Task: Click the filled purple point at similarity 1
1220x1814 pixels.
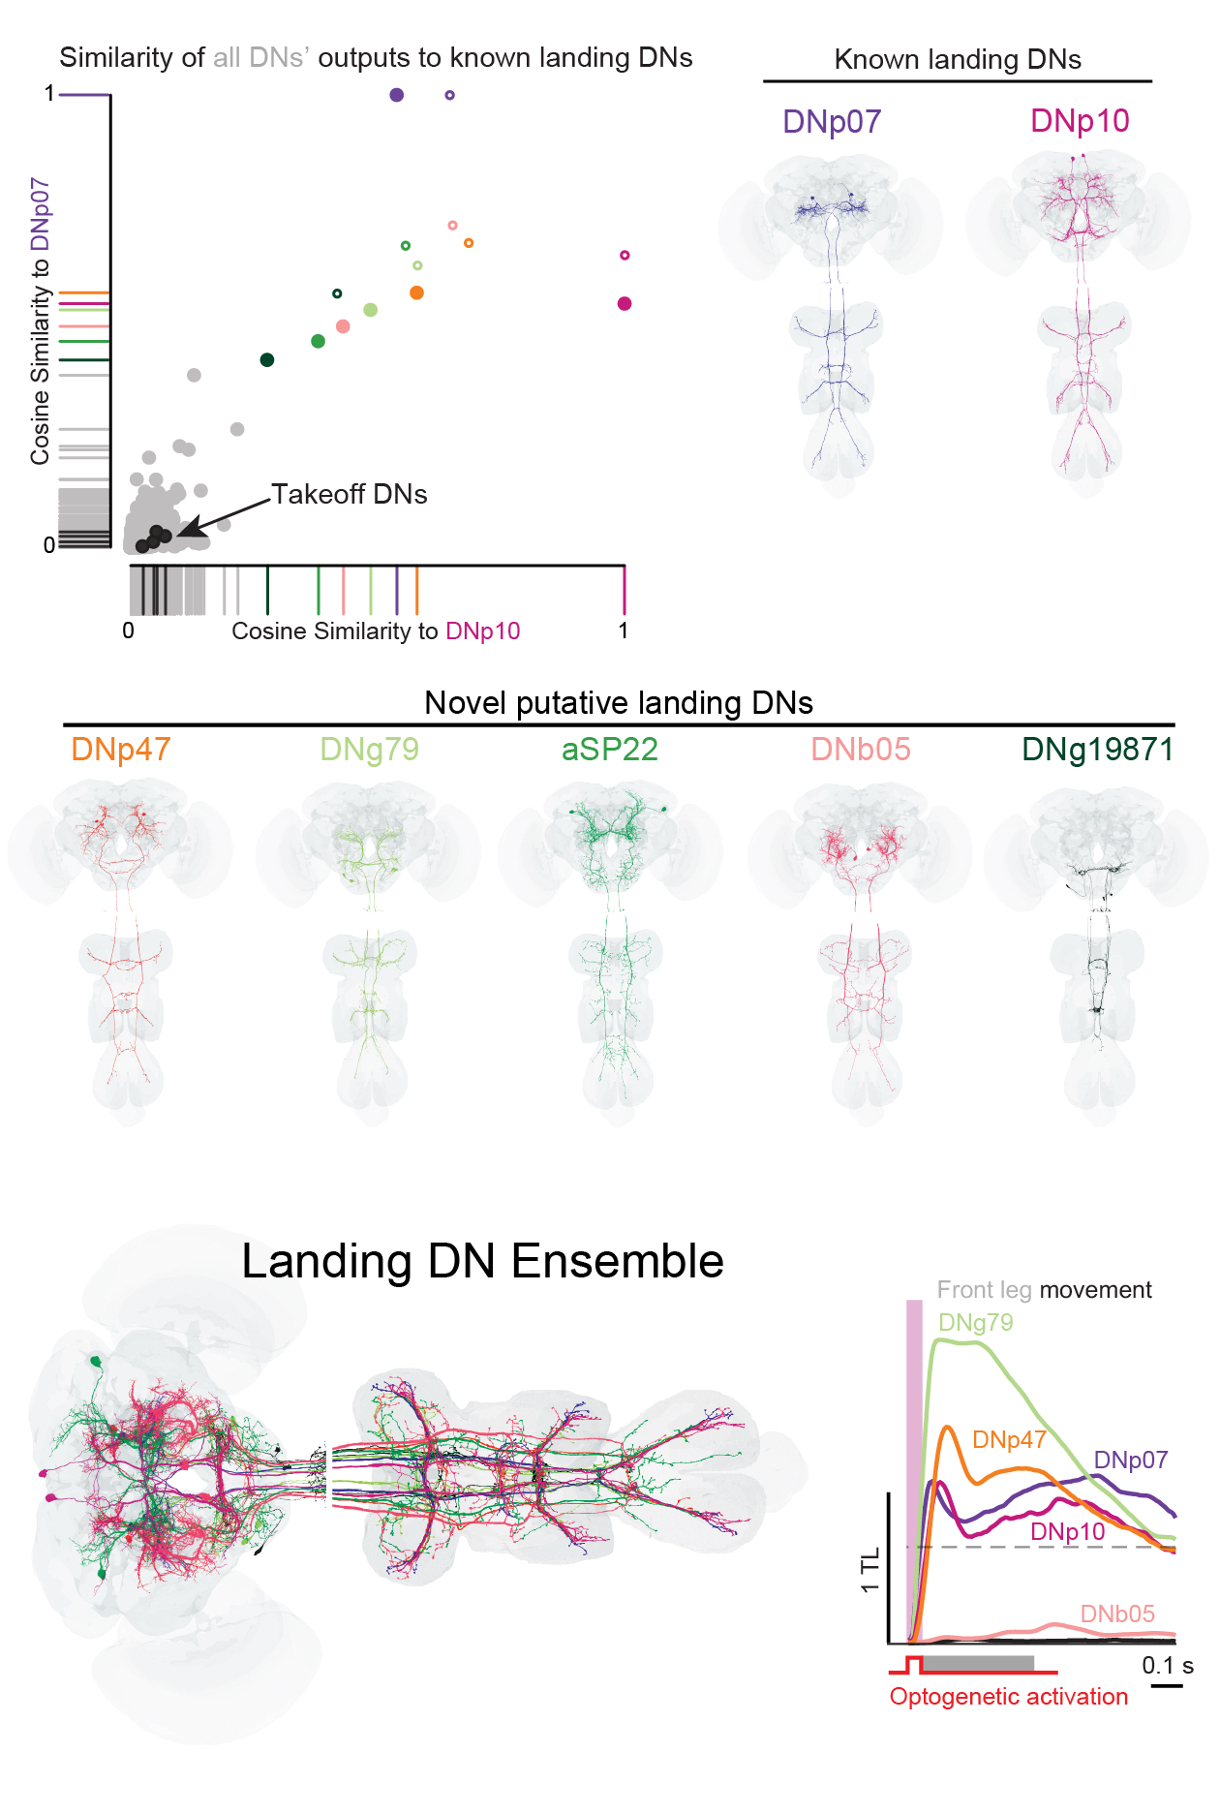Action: [396, 95]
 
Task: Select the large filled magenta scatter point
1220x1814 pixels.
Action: [625, 304]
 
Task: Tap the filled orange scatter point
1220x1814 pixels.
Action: [416, 292]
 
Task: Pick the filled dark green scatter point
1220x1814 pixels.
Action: [267, 360]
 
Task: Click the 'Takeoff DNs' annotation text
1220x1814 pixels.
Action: [349, 495]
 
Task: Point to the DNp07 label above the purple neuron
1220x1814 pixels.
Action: [832, 122]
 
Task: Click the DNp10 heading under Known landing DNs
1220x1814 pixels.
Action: [1080, 121]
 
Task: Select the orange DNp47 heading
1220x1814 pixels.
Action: [121, 750]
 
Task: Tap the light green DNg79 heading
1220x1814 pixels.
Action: [369, 750]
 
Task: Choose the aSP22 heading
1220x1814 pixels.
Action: [610, 750]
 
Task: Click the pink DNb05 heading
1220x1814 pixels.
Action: [861, 750]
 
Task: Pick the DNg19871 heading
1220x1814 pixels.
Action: [1097, 750]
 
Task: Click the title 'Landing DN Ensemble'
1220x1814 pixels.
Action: [482, 1262]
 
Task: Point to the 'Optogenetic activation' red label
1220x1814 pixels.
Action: [1009, 1697]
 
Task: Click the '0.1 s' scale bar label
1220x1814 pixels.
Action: [1167, 1666]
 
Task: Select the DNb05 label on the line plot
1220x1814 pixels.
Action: [1117, 1614]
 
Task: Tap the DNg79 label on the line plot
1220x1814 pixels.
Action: [975, 1323]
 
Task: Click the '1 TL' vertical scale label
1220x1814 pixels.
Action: [869, 1570]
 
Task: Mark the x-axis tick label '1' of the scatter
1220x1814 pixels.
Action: [624, 630]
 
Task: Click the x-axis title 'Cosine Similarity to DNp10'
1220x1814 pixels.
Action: [376, 631]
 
